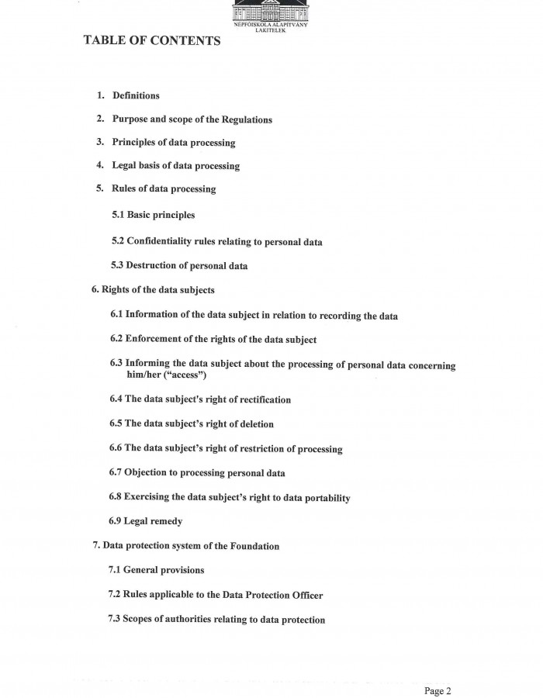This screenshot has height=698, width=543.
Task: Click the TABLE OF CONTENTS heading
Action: [152, 40]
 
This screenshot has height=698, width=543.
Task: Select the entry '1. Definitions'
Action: [128, 95]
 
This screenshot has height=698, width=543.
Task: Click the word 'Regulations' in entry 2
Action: [246, 119]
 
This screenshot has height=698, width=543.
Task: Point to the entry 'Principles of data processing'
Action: [173, 143]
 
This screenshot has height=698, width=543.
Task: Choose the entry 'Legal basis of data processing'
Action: [175, 166]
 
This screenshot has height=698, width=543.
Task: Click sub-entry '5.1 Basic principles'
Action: [154, 215]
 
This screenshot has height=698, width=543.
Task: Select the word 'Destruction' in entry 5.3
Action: [151, 266]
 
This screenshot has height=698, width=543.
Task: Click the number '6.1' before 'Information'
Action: [116, 315]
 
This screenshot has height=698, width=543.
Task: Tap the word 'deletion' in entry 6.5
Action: [256, 424]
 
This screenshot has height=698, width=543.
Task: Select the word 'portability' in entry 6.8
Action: [323, 498]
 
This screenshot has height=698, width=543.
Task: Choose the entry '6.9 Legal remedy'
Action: [146, 521]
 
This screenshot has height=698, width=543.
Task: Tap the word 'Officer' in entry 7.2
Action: [305, 595]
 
